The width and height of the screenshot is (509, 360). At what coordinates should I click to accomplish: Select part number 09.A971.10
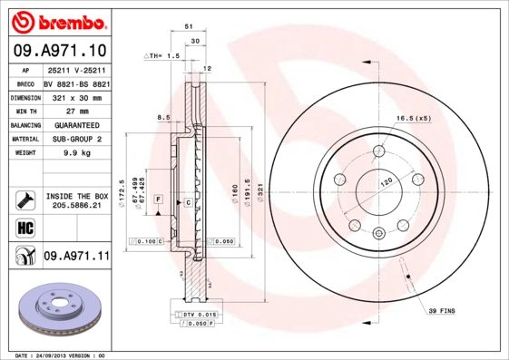point(59,50)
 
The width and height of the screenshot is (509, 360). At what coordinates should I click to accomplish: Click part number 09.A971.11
point(76,257)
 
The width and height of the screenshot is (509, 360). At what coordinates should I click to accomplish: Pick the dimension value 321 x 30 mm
point(76,95)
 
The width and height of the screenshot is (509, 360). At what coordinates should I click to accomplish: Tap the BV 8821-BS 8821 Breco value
point(76,82)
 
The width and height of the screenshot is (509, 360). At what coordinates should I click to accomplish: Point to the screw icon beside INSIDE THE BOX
point(24,199)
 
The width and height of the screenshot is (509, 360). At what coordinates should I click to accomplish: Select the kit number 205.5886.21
point(76,206)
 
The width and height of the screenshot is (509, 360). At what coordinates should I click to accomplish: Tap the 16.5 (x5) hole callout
point(412,119)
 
